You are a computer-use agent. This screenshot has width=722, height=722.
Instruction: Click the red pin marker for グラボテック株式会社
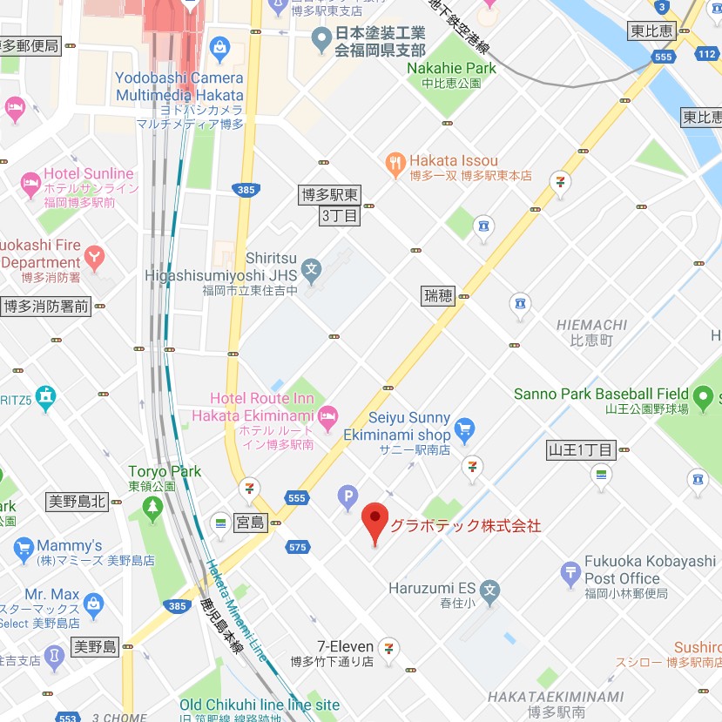point(374,521)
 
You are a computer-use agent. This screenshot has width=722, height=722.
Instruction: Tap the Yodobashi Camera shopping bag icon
point(219,45)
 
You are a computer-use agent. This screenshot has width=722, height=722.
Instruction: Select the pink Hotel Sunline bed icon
point(31,184)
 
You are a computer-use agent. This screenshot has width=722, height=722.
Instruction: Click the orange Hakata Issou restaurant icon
point(396,162)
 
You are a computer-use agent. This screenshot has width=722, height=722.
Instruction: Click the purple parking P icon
point(348,497)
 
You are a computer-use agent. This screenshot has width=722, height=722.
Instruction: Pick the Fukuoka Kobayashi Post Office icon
point(570,571)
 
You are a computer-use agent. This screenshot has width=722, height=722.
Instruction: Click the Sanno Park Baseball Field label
point(602,394)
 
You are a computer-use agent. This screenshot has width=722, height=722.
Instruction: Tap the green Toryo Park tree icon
point(153,506)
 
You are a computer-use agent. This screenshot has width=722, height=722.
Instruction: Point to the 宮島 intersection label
point(250,523)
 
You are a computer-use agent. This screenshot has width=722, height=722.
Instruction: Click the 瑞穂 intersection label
point(438,295)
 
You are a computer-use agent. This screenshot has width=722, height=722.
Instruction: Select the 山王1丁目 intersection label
point(580,450)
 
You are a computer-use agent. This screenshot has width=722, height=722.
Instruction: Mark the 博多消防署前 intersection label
point(46,306)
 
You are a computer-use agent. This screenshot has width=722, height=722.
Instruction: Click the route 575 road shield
point(298,547)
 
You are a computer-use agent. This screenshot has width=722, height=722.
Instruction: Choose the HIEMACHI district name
point(591,325)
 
